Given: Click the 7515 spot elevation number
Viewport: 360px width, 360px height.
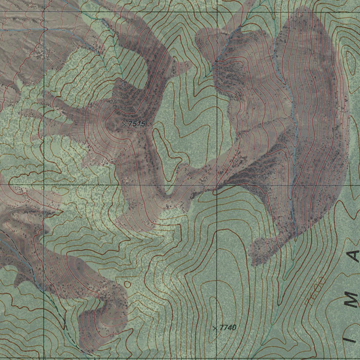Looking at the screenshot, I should click(137, 124).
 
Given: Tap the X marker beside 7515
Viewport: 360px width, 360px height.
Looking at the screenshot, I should click(124, 124).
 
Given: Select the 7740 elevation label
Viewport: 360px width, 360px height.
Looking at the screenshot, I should click(228, 328).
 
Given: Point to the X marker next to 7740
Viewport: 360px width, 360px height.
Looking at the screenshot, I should click(215, 328).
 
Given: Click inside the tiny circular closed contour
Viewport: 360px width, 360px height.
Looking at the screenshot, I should click(127, 283).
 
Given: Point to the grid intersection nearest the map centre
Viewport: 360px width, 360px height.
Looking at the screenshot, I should click(217, 185).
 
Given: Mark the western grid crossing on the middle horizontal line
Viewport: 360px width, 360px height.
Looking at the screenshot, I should click(44, 185).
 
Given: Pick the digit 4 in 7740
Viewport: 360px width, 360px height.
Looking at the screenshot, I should click(230, 328).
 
